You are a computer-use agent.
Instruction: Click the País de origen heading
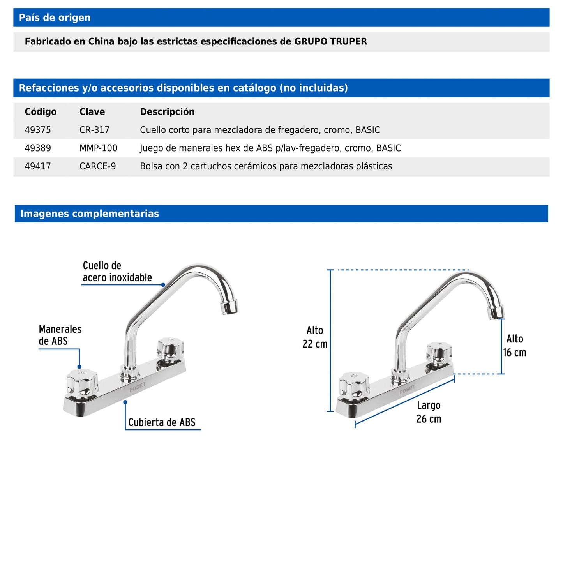pos(55,18)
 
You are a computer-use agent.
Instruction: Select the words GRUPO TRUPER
pos(330,41)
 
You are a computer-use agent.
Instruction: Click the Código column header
pos(41,112)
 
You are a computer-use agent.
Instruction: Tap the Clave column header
pos(92,112)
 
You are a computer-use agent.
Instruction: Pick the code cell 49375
pos(38,130)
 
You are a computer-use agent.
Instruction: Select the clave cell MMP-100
pos(98,148)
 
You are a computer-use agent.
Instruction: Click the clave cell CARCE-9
pos(97,166)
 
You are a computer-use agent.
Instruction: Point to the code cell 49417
pos(38,166)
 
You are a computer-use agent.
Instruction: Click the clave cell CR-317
pos(94,130)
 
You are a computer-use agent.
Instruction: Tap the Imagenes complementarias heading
pos(90,214)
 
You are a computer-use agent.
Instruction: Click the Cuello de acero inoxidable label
pos(117,272)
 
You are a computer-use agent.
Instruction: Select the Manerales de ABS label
pos(60,335)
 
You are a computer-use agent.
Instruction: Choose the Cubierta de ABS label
pos(162,422)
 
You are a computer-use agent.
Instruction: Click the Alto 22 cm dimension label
pos(315,337)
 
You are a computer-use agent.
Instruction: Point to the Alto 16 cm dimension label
pos(514,346)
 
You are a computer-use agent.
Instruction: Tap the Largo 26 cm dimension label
pos(429,412)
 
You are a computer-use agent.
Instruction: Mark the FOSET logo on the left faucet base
pos(137,387)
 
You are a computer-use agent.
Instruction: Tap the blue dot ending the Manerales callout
pos(79,367)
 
